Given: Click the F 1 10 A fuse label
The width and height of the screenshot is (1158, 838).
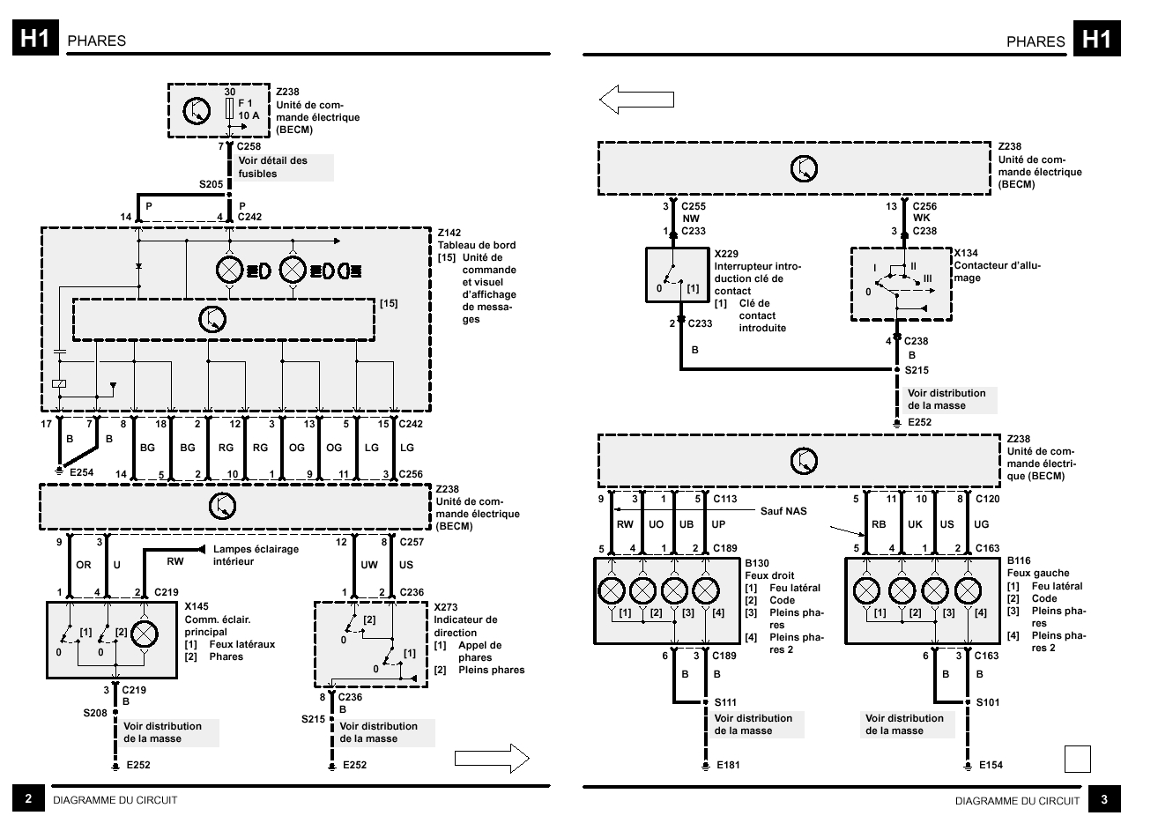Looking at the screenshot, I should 249,109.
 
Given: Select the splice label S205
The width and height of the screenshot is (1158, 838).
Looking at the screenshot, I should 211,184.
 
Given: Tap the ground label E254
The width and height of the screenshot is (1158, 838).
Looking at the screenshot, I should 81,472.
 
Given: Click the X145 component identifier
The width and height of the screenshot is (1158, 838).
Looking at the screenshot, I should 197,607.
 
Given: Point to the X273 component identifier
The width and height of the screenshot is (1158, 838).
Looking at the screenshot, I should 446,607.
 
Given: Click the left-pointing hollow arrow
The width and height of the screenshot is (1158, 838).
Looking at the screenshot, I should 636,100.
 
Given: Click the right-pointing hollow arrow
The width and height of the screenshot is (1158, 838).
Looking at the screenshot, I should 491,757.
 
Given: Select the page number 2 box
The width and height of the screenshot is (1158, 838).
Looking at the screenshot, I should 28,799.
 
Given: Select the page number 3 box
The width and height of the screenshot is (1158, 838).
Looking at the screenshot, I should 1104,799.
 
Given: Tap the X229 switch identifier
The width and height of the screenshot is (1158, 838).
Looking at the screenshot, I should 727,254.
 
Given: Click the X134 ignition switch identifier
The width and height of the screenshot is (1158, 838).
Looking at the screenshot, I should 967,253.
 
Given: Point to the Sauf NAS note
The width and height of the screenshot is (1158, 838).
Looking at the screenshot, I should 783,510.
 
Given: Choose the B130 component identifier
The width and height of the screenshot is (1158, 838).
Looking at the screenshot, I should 757,563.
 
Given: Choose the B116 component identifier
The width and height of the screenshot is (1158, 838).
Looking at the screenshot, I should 1019,560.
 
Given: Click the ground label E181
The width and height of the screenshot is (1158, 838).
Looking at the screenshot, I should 728,765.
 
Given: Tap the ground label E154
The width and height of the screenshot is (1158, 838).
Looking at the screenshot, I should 991,765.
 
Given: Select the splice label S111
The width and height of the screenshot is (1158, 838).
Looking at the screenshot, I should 725,702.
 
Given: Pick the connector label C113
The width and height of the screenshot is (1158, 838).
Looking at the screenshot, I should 724,499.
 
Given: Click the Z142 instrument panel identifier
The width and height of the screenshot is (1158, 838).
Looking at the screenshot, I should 450,233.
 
